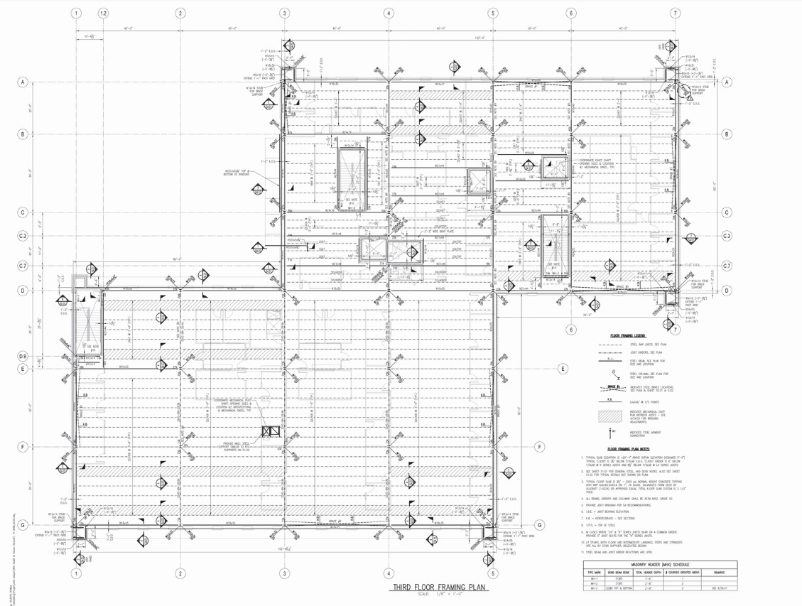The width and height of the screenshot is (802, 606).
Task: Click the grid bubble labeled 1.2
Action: pos(104,13)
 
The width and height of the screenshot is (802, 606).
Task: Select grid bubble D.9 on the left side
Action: pos(23,356)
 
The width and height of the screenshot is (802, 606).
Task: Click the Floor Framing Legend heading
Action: pos(627,335)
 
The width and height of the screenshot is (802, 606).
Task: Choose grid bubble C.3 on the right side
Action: pos(727,236)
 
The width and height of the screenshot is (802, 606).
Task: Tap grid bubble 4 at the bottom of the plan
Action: pos(389,573)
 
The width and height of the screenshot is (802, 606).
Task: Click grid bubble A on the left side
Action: pos(23,83)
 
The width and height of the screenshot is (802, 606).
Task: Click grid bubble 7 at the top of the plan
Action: pos(675,13)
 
